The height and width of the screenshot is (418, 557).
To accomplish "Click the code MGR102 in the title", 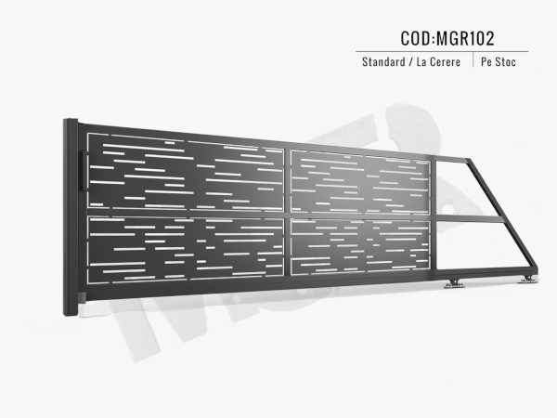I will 460,38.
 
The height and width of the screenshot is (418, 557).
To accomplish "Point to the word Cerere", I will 445,63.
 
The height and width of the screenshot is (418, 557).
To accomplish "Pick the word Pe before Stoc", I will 486,63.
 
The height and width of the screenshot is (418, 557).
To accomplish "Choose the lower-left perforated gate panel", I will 186,248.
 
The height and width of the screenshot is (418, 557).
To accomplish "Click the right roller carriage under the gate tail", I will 527,277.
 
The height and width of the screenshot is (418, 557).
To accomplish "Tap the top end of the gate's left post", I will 71,121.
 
